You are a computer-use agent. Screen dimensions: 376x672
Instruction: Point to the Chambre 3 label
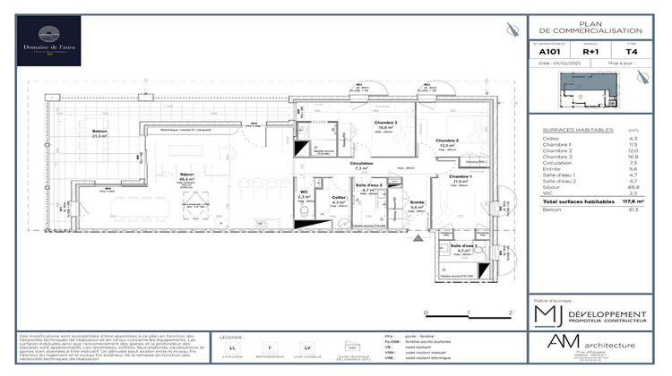pyautogui.click(x=386, y=124)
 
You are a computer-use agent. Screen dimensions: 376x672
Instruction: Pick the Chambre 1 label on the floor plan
pyautogui.click(x=461, y=177)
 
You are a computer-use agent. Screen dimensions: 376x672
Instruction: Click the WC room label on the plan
pyautogui.click(x=304, y=192)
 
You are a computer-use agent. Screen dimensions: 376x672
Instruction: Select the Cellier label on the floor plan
pyautogui.click(x=339, y=199)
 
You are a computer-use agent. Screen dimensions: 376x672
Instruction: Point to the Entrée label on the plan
pyautogui.click(x=417, y=203)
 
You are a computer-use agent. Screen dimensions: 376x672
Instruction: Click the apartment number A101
pyautogui.click(x=548, y=51)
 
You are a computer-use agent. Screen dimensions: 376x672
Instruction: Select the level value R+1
pyautogui.click(x=590, y=51)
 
